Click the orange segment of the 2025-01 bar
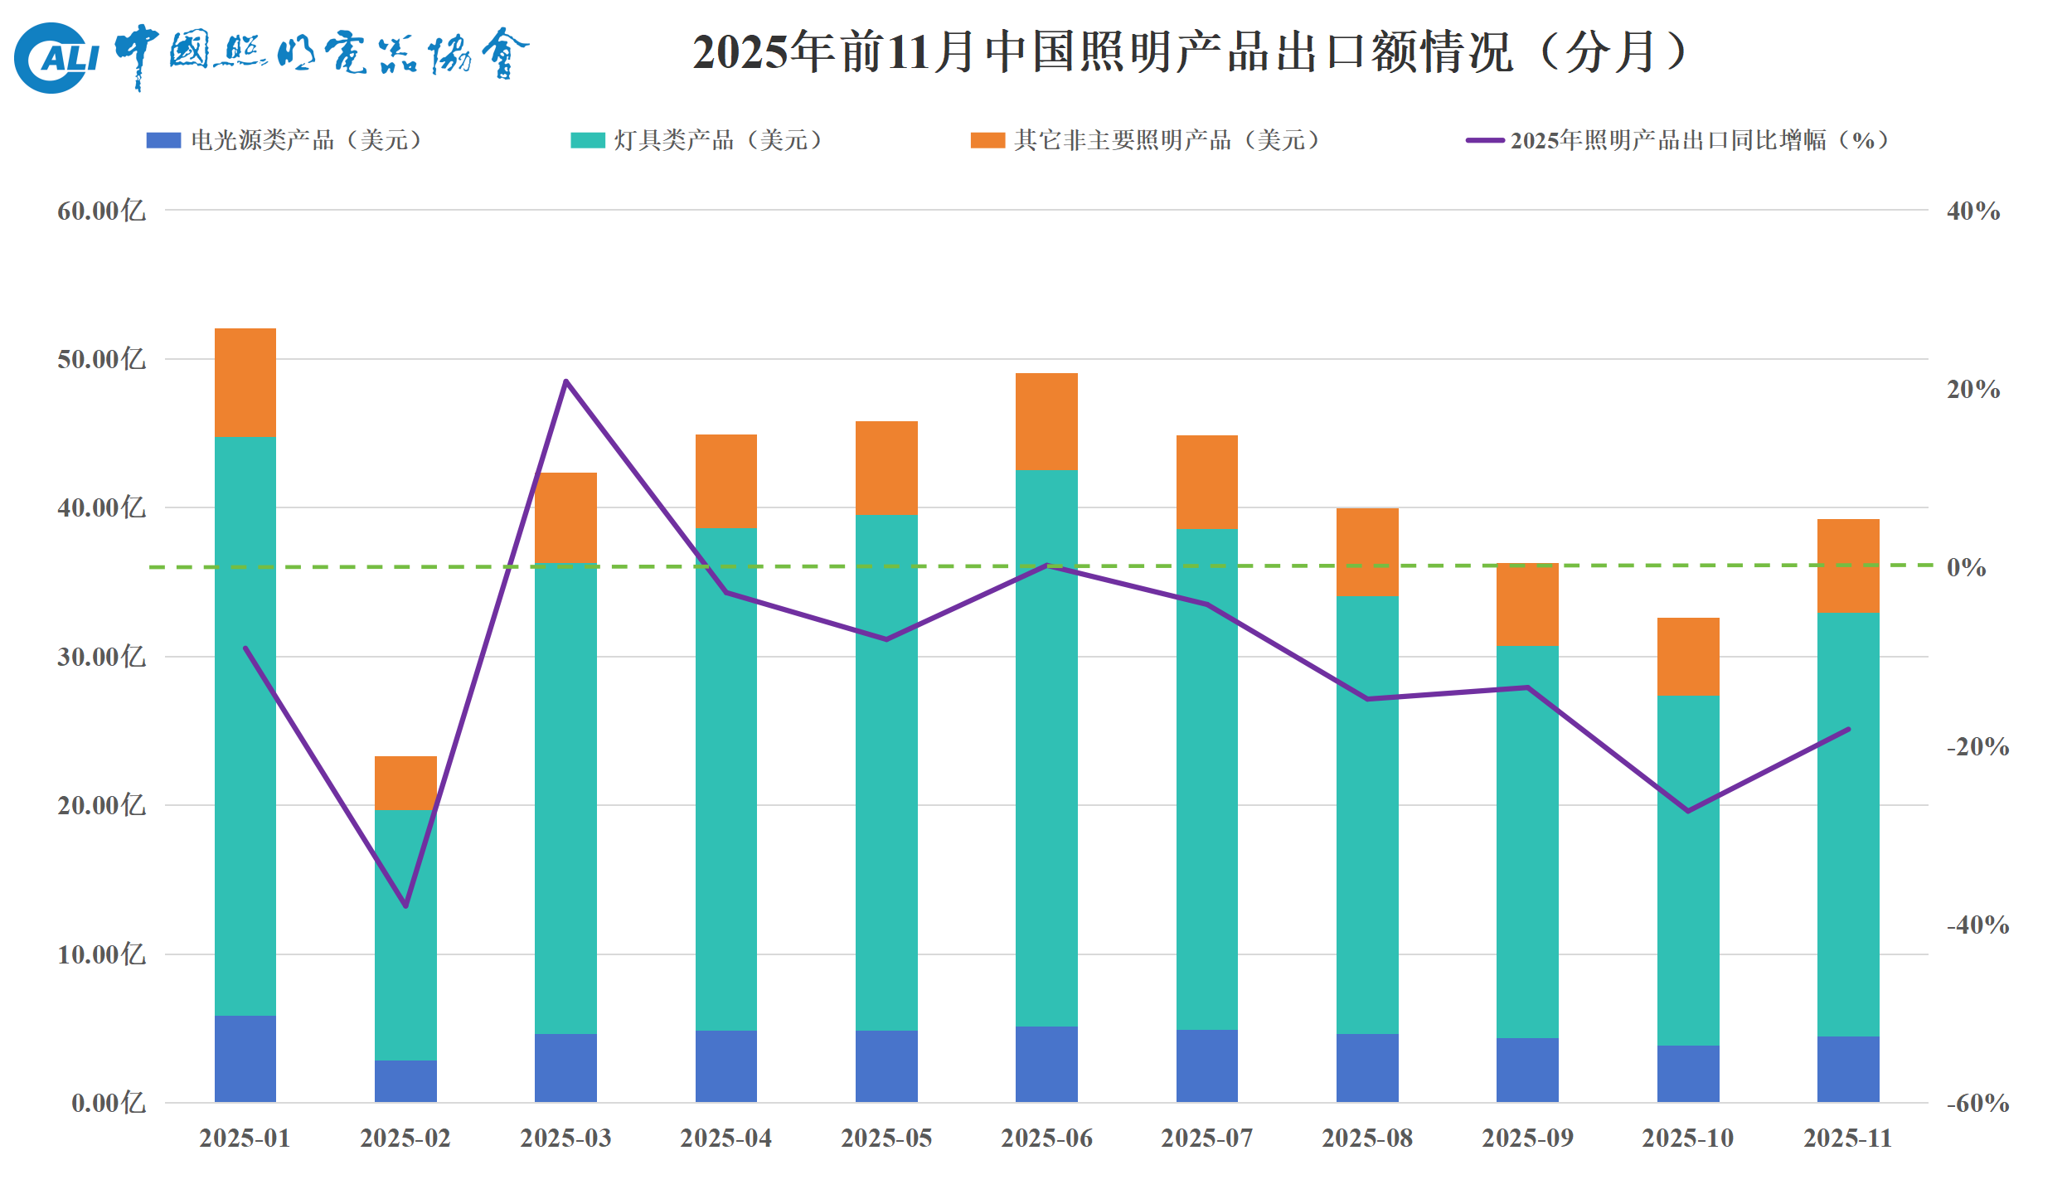(x=245, y=382)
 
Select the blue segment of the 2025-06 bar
(x=1046, y=1064)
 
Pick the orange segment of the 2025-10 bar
(x=1688, y=656)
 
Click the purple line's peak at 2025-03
(x=565, y=381)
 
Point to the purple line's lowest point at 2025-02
(x=405, y=905)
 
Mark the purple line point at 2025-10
(x=1688, y=810)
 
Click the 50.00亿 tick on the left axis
(x=101, y=359)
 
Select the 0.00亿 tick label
(x=108, y=1103)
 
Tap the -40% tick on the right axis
(x=1977, y=925)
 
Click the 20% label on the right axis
(x=1973, y=389)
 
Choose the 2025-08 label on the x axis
(x=1367, y=1138)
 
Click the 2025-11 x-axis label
(x=1848, y=1138)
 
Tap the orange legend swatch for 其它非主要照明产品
(x=987, y=140)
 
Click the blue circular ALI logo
(x=51, y=57)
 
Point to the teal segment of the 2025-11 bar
(x=1848, y=824)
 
